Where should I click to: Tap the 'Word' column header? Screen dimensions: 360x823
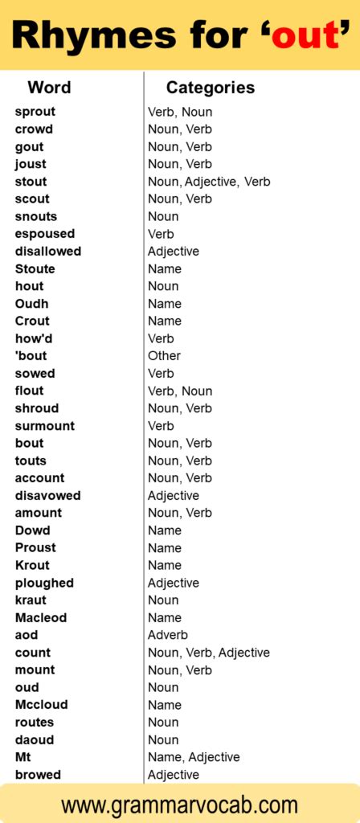coord(49,88)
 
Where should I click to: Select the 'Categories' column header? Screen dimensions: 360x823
coord(210,88)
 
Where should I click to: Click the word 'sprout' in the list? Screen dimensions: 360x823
coord(35,112)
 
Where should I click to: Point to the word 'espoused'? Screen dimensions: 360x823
coord(45,234)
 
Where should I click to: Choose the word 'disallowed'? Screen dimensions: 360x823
coord(48,252)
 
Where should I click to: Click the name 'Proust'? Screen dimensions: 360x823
coord(36,548)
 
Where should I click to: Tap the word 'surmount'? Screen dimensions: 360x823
coord(45,426)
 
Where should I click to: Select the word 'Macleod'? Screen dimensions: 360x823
coord(41,618)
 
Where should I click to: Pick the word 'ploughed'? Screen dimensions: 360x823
coord(44,583)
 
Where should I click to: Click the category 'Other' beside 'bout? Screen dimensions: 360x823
coord(164,356)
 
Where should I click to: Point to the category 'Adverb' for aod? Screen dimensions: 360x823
coord(167,635)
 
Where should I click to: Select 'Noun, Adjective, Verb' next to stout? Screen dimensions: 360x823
coord(209,182)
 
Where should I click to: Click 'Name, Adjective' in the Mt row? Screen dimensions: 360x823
coord(194,757)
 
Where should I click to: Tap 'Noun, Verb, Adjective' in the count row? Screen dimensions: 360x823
coord(209,653)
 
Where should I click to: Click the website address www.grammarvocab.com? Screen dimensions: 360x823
coord(179,805)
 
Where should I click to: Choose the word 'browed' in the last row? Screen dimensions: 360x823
coord(38,775)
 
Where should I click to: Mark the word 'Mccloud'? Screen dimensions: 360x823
coord(42,705)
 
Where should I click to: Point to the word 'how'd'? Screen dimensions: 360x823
coord(34,338)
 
